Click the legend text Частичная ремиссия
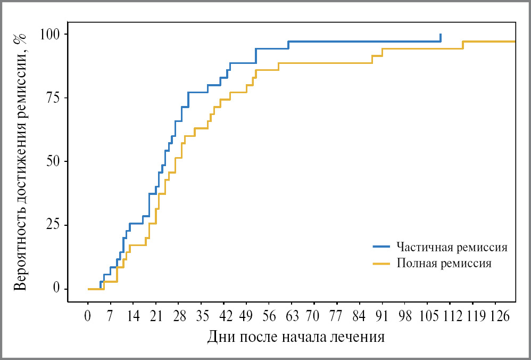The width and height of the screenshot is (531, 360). click(x=452, y=247)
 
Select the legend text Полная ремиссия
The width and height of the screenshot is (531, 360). click(x=444, y=263)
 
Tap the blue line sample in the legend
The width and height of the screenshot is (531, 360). click(x=381, y=247)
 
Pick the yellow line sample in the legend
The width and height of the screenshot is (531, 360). click(x=381, y=263)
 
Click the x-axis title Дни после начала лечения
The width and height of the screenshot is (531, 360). click(x=296, y=337)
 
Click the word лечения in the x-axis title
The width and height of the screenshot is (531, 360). click(x=357, y=337)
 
